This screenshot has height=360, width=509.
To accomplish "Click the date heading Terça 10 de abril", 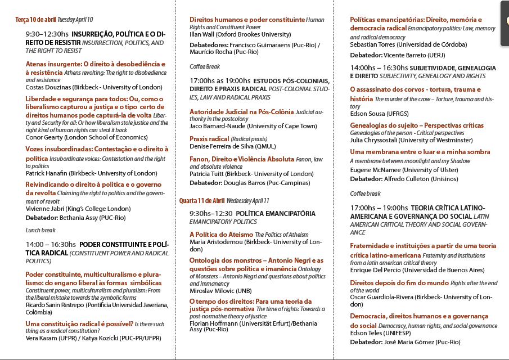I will tap(35, 20).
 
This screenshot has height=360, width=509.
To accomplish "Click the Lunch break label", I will tap(40, 230).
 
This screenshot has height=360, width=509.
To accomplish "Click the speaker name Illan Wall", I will tap(203, 34).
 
